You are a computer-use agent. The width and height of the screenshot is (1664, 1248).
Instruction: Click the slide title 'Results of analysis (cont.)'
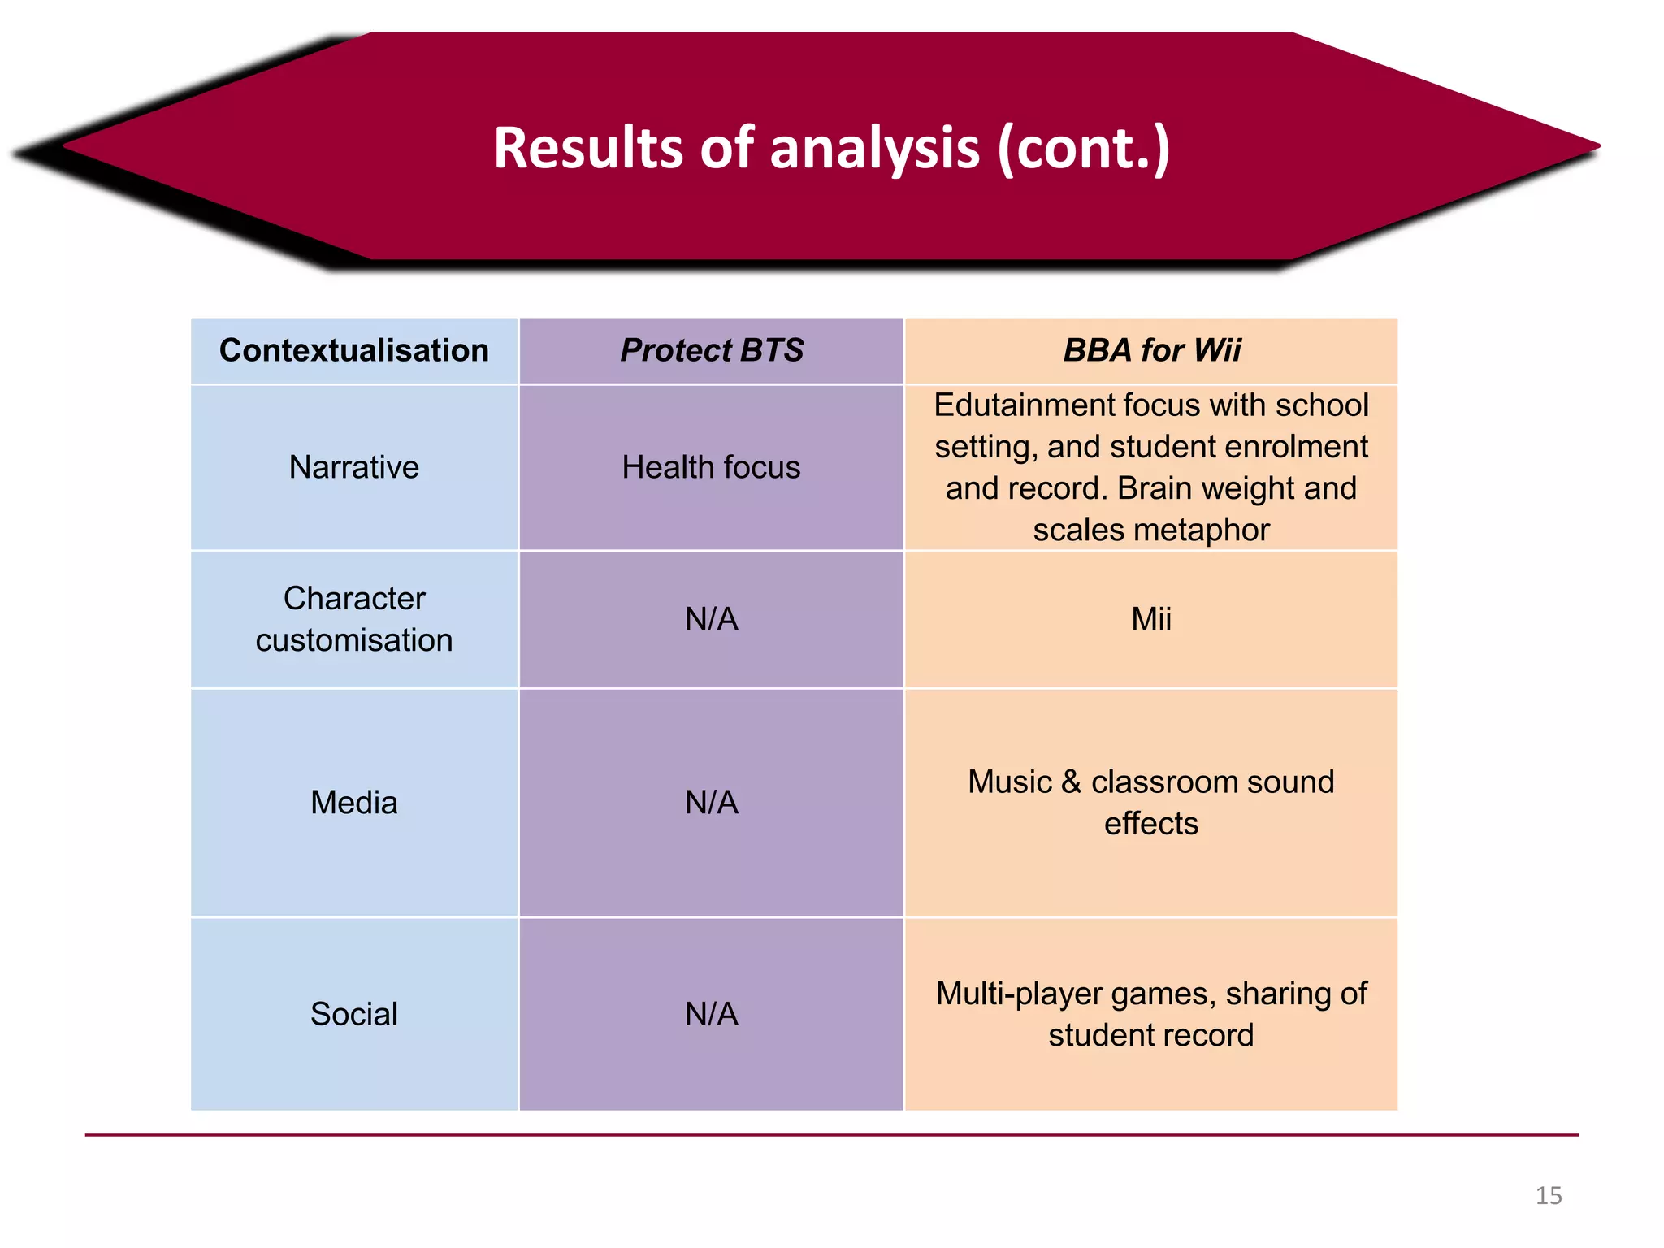pyautogui.click(x=831, y=148)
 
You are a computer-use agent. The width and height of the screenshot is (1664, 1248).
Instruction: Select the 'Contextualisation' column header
pyautogui.click(x=354, y=350)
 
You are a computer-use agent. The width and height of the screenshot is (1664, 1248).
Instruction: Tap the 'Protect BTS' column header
pyautogui.click(x=712, y=350)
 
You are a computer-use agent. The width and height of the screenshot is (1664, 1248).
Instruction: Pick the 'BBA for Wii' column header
pyautogui.click(x=1151, y=350)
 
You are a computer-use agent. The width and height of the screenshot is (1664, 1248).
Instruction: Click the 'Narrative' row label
pyautogui.click(x=354, y=467)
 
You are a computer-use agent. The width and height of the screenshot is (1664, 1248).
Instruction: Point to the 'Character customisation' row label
pyautogui.click(x=354, y=619)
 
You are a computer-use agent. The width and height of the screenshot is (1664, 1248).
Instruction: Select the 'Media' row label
pyautogui.click(x=354, y=803)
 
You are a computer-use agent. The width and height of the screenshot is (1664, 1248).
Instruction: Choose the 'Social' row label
pyautogui.click(x=354, y=1014)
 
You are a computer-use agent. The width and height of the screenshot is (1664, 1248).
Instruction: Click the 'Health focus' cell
pyautogui.click(x=712, y=467)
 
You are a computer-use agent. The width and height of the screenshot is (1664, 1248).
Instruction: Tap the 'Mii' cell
pyautogui.click(x=1151, y=619)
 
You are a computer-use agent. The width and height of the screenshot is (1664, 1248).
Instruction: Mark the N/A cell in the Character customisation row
pyautogui.click(x=712, y=619)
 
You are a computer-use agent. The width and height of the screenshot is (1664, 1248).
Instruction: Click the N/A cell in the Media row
pyautogui.click(x=712, y=803)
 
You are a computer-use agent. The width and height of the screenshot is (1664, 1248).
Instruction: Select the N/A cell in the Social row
pyautogui.click(x=712, y=1014)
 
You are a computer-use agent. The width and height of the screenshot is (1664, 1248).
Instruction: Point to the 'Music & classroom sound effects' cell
pyautogui.click(x=1151, y=803)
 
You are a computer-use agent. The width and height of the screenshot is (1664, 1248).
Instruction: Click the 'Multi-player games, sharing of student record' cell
pyautogui.click(x=1151, y=1014)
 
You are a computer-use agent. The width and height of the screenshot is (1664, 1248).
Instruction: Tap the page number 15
pyautogui.click(x=1549, y=1196)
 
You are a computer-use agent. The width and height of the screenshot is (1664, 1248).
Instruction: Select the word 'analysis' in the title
pyautogui.click(x=875, y=148)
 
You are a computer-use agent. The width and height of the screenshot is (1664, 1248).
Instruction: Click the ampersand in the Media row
pyautogui.click(x=1071, y=782)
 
